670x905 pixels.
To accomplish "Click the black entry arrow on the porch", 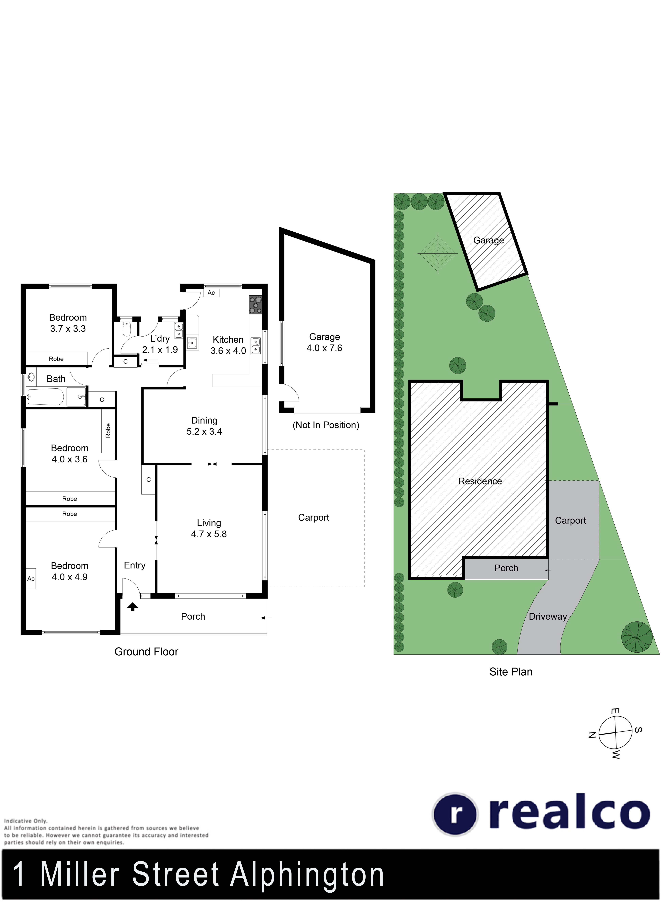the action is coord(133,607).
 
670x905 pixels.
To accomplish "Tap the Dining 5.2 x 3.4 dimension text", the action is coord(204,432).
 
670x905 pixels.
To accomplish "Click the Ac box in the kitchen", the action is coord(211,293).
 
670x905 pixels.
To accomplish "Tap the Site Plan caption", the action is coord(511,672).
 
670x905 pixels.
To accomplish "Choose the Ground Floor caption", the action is coord(146,652).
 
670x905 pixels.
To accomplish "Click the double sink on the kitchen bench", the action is coord(255,346).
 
